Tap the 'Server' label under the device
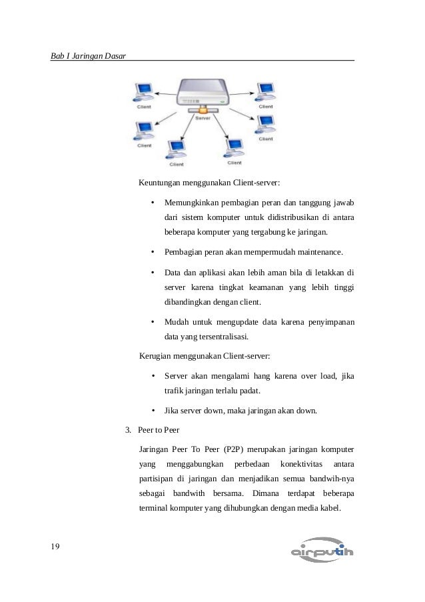point(203,117)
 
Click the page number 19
point(56,547)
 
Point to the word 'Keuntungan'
point(160,183)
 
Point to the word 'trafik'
point(175,390)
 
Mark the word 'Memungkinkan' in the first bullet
point(193,202)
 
